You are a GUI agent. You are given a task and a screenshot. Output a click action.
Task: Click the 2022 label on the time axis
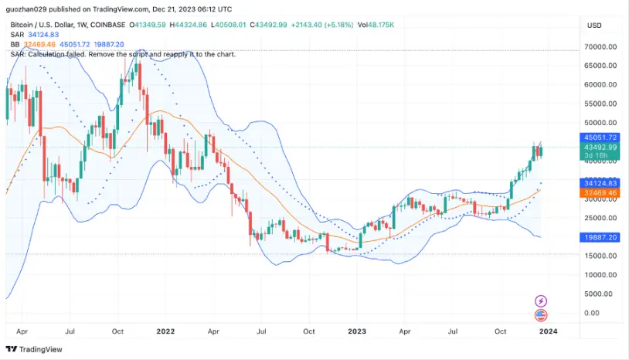(165, 331)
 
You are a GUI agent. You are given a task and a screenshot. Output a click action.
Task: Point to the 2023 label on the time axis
(357, 331)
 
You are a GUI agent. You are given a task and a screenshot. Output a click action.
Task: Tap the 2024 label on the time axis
(548, 331)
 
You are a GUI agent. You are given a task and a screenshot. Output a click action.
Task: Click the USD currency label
(594, 25)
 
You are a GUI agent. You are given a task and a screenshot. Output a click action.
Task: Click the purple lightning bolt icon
(541, 301)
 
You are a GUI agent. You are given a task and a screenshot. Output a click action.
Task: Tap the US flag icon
(541, 315)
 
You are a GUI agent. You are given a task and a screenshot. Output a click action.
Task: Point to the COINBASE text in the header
(110, 25)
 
